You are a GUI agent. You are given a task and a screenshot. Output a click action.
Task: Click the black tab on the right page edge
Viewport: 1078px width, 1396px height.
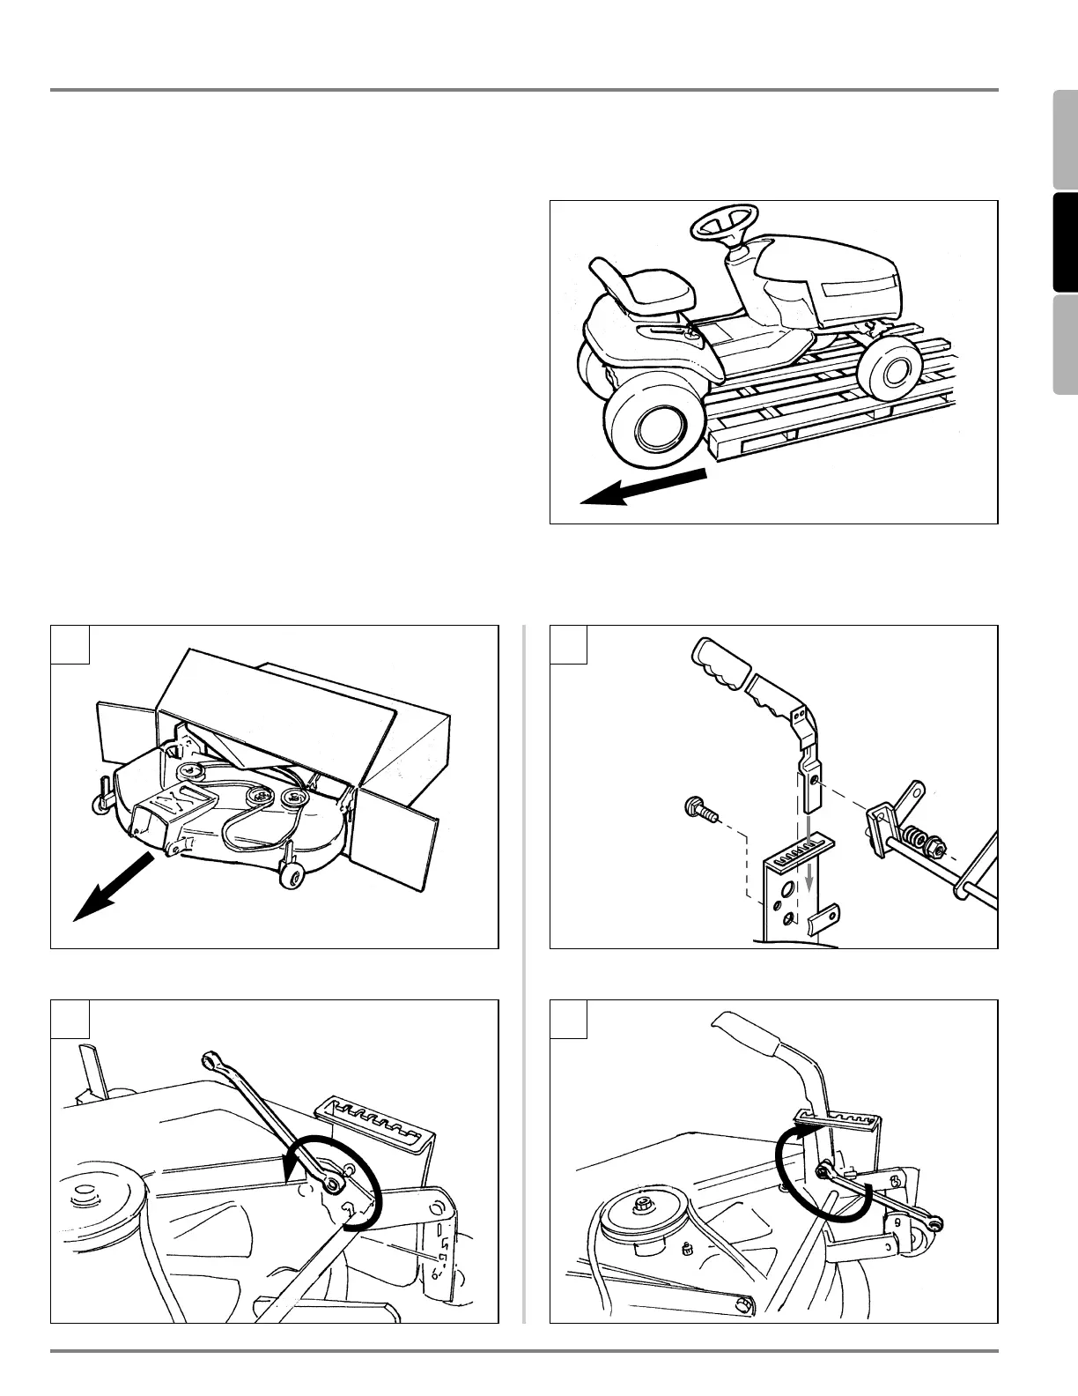1065,241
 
